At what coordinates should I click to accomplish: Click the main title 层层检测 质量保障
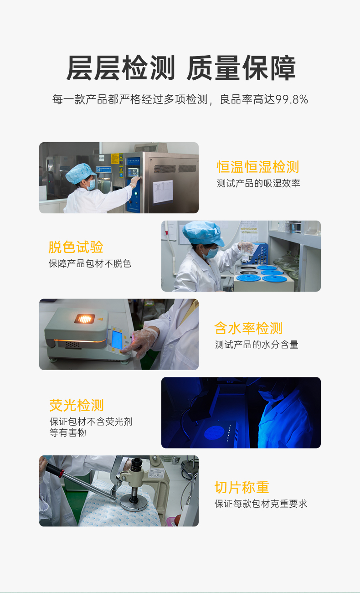click(181, 68)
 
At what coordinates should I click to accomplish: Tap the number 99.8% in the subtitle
click(292, 99)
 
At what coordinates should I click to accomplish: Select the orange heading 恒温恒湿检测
click(257, 167)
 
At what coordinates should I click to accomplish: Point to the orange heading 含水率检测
click(248, 328)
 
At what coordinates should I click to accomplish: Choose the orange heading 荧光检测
click(77, 405)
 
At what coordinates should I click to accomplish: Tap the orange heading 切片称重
click(242, 487)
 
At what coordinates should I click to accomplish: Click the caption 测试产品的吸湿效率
click(258, 183)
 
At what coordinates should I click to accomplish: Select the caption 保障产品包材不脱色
click(90, 263)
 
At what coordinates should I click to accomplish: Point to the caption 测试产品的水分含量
click(257, 345)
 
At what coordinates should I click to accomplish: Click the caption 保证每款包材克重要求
click(261, 504)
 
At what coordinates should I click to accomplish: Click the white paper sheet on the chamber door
click(163, 191)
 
